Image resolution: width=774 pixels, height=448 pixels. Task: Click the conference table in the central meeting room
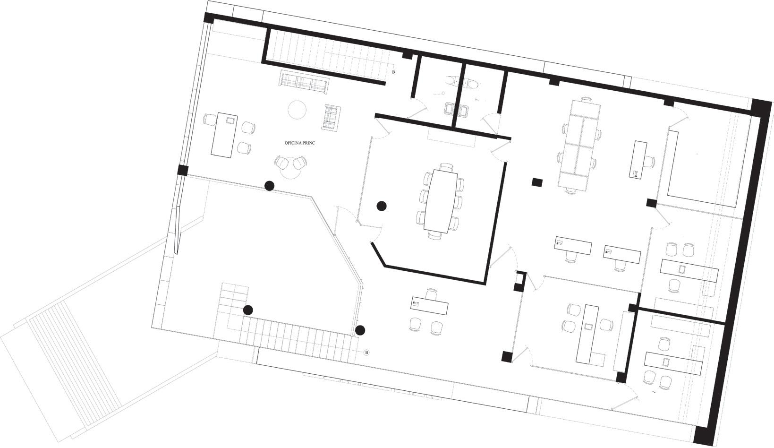(441, 200)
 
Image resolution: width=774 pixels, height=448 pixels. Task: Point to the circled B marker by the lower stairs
(367, 353)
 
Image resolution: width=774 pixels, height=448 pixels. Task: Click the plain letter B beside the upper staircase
(394, 72)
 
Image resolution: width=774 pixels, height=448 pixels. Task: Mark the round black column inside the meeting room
(382, 206)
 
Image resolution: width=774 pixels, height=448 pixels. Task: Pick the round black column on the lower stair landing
(248, 310)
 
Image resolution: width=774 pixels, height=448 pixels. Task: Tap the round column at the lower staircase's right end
(360, 330)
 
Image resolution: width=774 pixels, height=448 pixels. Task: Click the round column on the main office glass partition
(269, 186)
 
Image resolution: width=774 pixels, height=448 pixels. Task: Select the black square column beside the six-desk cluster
(536, 181)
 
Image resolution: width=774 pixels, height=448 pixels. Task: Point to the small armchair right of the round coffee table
(330, 117)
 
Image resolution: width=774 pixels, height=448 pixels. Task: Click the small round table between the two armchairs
(290, 171)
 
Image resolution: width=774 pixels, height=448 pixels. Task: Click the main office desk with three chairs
(224, 135)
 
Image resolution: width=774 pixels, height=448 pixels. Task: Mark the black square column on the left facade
(183, 170)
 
